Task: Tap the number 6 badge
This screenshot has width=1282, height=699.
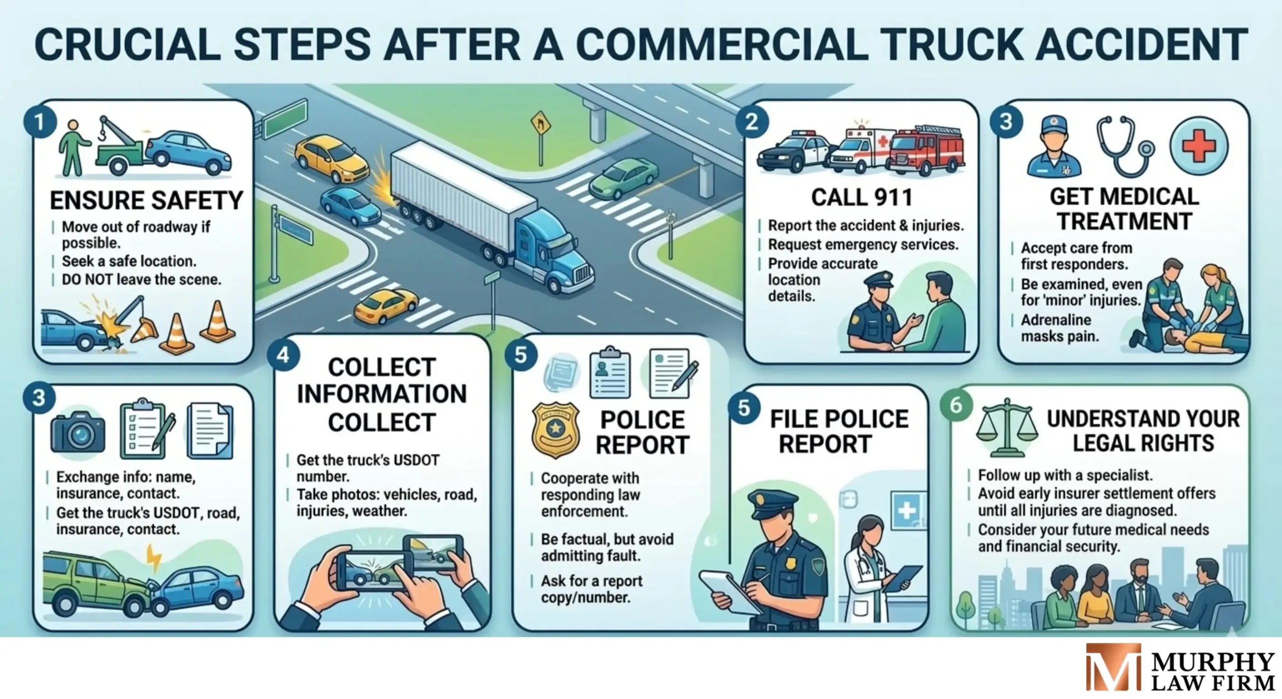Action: [x=955, y=405]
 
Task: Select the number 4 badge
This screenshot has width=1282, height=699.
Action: [x=283, y=355]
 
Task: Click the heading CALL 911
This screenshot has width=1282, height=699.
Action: [x=861, y=197]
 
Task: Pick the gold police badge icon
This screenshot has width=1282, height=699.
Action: [x=555, y=430]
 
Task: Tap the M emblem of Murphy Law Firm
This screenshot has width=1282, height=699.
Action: [x=1113, y=667]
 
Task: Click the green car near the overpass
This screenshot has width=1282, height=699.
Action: [x=622, y=178]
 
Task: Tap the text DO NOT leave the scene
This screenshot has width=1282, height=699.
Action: [x=141, y=279]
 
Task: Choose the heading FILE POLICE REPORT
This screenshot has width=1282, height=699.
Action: [x=839, y=431]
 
